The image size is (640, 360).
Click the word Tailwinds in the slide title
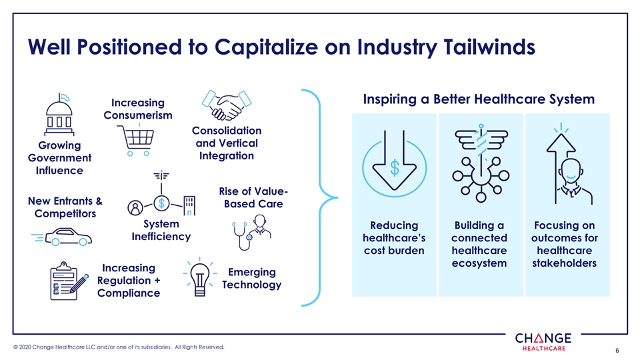click(489, 47)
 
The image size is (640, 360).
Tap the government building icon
click(59, 115)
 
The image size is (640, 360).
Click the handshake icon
click(227, 105)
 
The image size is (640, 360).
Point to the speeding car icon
click(61, 237)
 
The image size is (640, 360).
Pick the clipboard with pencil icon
click(69, 281)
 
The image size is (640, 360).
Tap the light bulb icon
click(199, 276)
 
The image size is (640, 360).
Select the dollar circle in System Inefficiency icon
click(161, 203)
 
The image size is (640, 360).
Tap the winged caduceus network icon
click(481, 163)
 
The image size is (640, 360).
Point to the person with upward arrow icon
click(569, 163)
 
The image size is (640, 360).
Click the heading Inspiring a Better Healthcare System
click(479, 99)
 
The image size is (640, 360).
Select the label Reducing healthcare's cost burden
click(394, 238)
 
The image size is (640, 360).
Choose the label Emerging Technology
click(252, 279)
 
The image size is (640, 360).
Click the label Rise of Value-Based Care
click(253, 197)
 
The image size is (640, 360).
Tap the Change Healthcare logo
click(543, 341)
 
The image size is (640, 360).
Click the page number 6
click(617, 350)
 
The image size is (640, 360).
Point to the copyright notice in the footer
click(119, 347)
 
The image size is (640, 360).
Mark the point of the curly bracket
click(337, 197)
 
